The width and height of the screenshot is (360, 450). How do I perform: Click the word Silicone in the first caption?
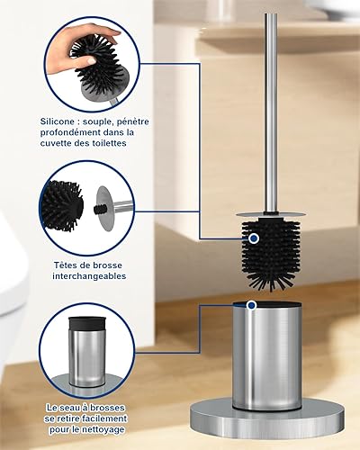coord(58,121)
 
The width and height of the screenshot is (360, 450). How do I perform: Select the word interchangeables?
coord(89,276)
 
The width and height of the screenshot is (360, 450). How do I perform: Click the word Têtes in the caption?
coord(65,265)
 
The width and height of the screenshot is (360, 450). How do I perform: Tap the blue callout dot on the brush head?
coord(254,238)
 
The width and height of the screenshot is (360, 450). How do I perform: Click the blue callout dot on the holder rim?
coord(252,305)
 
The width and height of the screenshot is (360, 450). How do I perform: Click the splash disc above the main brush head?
coord(271,214)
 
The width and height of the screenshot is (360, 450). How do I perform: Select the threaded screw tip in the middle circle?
coord(100,209)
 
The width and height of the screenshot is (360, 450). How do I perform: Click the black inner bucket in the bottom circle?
coord(87,323)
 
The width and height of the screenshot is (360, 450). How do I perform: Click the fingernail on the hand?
coord(91,61)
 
